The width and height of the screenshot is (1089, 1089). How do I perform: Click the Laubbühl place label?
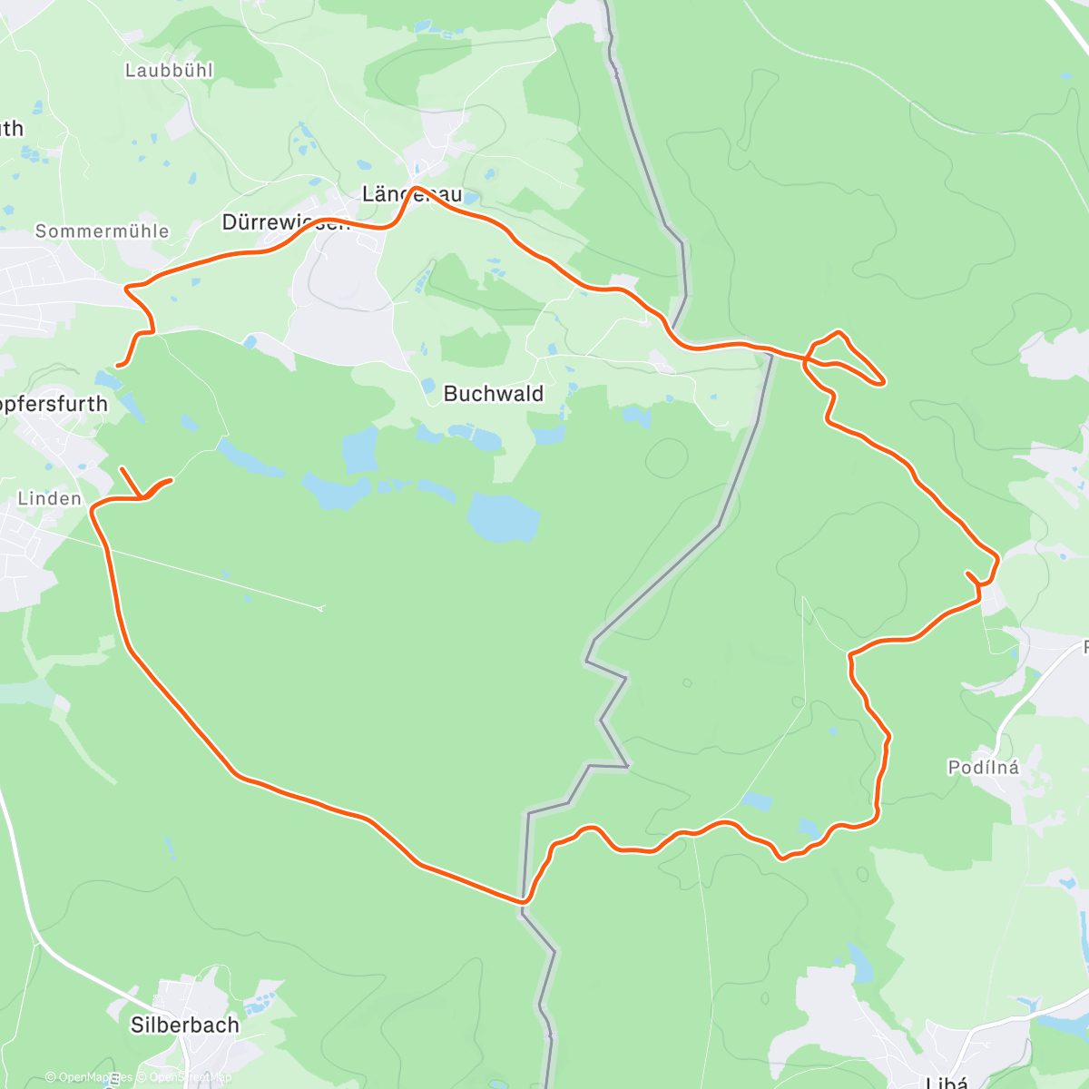[169, 70]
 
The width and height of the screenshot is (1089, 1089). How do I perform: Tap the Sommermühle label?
[102, 231]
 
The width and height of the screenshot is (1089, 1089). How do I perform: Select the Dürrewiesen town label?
[285, 222]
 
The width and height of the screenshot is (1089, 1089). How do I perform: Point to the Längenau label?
[412, 194]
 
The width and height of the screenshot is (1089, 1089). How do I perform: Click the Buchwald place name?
[494, 394]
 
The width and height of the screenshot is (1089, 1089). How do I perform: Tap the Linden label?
[50, 498]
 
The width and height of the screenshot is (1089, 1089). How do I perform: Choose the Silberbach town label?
[185, 1025]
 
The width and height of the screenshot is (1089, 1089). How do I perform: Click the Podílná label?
[983, 768]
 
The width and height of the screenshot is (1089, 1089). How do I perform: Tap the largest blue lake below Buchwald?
[503, 517]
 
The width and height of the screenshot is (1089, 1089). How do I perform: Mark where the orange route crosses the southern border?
[524, 902]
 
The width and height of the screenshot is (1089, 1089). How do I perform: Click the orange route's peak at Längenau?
[416, 188]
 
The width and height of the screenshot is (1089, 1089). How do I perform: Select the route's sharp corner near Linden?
[93, 510]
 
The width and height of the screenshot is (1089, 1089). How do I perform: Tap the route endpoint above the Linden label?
[122, 468]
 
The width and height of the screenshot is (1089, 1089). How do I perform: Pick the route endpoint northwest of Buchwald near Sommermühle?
[118, 366]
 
